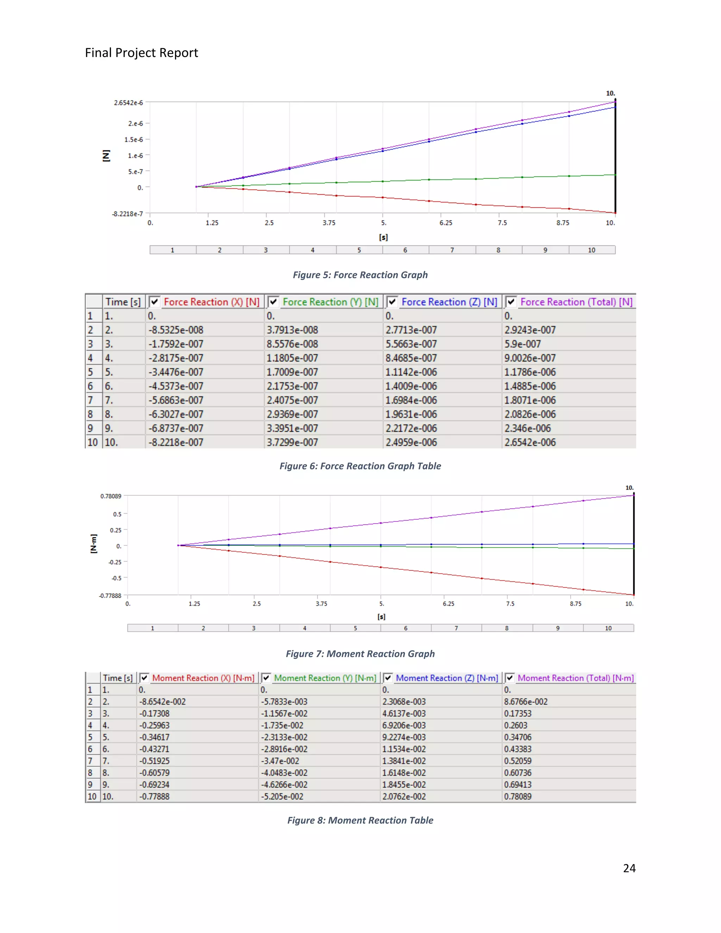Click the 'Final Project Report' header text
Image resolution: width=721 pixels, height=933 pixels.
[x=142, y=52]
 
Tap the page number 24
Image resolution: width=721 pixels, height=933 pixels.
[x=629, y=868]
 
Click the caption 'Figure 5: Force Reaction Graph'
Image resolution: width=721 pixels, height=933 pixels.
[x=360, y=275]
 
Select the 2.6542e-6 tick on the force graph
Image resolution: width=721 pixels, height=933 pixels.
[x=128, y=102]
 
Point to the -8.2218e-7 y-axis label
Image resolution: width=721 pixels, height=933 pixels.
[x=127, y=214]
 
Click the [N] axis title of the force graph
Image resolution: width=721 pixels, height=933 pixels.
[x=106, y=156]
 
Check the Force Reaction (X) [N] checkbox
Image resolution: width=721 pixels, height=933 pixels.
[x=155, y=302]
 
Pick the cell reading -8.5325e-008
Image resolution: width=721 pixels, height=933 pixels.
[x=176, y=330]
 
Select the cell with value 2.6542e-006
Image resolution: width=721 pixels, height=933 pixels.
[x=529, y=442]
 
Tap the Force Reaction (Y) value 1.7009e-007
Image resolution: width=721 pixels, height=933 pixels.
[x=292, y=372]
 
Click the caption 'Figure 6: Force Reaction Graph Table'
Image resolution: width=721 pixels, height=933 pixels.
[x=360, y=466]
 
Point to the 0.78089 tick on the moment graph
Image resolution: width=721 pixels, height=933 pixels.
[x=111, y=496]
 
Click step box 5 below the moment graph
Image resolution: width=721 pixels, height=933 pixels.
[x=355, y=628]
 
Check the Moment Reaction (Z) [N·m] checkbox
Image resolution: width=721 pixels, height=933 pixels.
[x=388, y=678]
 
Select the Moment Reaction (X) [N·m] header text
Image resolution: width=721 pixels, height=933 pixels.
[x=203, y=678]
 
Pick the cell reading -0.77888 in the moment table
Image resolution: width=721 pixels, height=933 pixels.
[x=154, y=796]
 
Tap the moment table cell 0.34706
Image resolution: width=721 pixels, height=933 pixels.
[x=518, y=737]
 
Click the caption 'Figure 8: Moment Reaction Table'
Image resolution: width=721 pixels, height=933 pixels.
[x=360, y=820]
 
